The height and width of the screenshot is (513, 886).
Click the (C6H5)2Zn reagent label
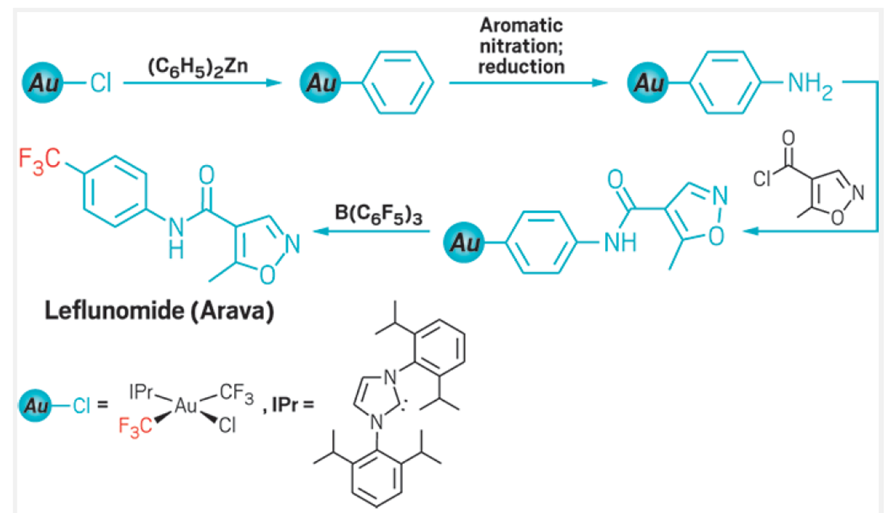[x=197, y=67]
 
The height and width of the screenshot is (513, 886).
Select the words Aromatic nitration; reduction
[x=521, y=46]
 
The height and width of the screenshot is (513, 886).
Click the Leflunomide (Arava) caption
[x=159, y=311]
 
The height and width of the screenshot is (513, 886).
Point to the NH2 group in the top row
[x=810, y=85]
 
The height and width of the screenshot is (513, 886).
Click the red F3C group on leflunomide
[x=39, y=161]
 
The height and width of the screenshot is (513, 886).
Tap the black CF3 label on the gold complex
[x=237, y=393]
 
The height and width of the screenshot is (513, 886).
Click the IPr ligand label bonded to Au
[x=140, y=392]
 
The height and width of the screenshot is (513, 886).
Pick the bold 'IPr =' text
[x=292, y=405]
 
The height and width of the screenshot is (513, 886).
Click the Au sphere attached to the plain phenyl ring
[x=320, y=83]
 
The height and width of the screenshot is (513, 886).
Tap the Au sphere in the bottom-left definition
[x=35, y=405]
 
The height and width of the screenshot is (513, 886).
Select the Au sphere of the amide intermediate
[x=463, y=242]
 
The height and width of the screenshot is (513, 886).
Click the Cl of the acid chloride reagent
[x=761, y=178]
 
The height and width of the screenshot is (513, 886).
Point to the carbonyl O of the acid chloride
[x=789, y=138]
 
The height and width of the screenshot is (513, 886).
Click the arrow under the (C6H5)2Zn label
[x=202, y=83]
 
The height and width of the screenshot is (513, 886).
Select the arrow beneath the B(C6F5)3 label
[x=371, y=232]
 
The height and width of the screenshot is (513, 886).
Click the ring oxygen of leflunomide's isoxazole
[x=267, y=275]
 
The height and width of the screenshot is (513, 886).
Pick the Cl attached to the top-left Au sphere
[x=101, y=83]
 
